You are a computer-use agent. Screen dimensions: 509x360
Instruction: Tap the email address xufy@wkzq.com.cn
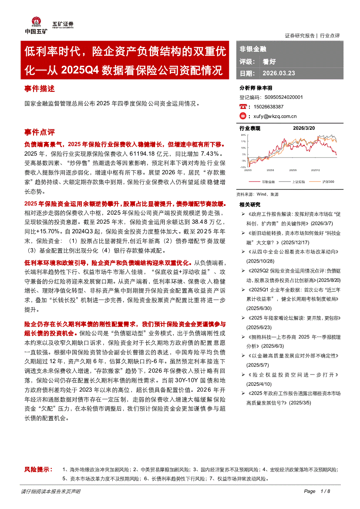tap(275, 116)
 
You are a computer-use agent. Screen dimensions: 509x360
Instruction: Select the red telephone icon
tap(243, 107)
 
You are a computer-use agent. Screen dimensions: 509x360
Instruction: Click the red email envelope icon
tap(243, 116)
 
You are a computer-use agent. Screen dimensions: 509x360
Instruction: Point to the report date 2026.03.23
tap(279, 73)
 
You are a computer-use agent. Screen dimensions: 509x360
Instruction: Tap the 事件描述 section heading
tap(40, 89)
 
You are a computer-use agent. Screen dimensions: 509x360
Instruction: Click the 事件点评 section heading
tap(40, 132)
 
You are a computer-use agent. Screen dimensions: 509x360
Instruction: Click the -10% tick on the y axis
tap(242, 167)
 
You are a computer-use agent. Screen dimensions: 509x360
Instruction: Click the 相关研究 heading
tap(250, 204)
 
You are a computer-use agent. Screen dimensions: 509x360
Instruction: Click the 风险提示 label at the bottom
tap(38, 469)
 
